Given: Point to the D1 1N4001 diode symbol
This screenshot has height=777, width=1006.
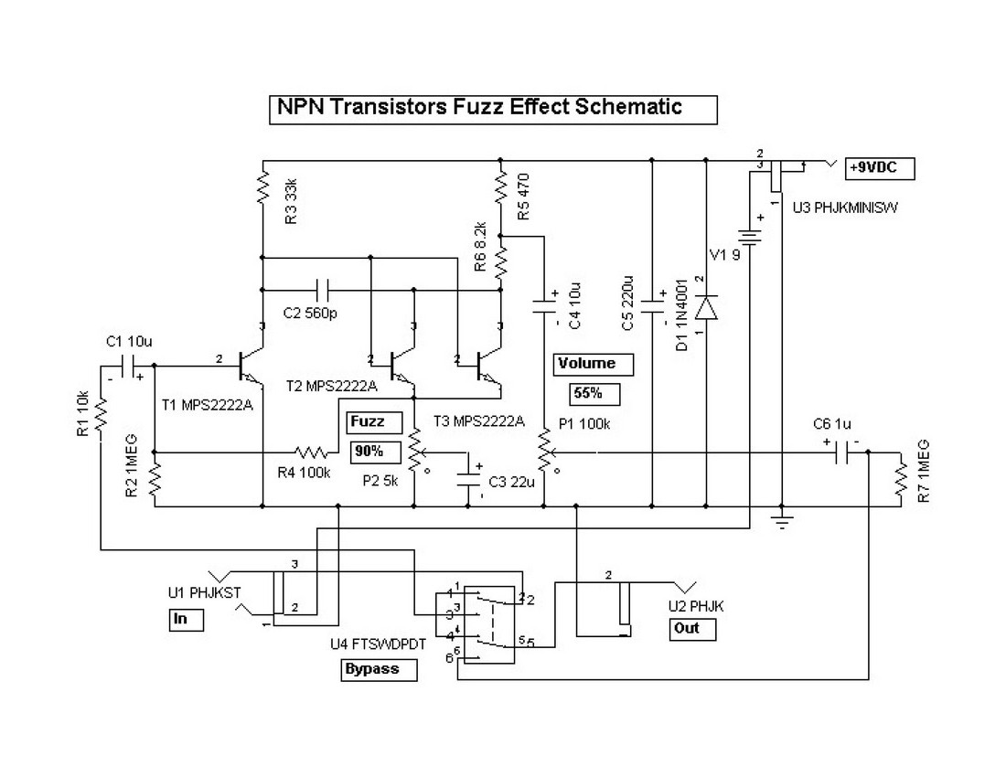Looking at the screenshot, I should pos(707,307).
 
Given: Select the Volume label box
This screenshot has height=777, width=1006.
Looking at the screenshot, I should pos(587,364).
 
